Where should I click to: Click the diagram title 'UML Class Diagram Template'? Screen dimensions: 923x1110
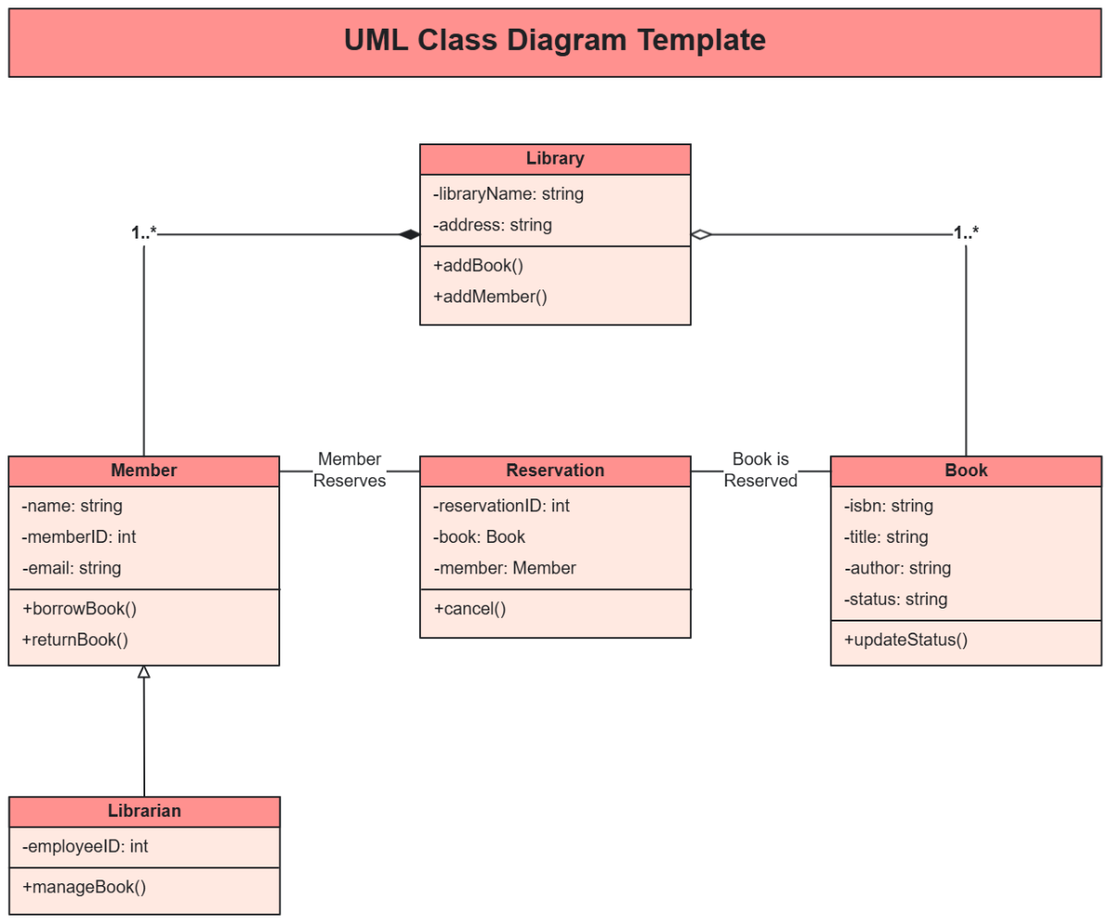click(x=554, y=41)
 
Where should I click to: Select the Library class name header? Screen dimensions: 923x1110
click(x=555, y=158)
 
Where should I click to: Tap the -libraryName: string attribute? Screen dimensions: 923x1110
click(x=509, y=194)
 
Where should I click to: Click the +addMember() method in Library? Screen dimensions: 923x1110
click(x=490, y=297)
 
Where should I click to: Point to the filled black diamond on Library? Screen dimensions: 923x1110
click(x=409, y=235)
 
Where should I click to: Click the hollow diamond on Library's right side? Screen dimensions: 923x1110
click(x=701, y=235)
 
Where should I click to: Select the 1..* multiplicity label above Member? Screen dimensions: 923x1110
click(x=144, y=233)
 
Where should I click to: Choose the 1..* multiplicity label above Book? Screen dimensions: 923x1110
click(x=966, y=233)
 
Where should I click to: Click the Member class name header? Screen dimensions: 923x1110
click(x=143, y=471)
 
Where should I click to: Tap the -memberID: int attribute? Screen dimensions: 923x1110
click(x=79, y=536)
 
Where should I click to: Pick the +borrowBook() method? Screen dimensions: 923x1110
click(x=79, y=609)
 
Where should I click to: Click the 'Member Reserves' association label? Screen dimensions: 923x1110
click(x=349, y=470)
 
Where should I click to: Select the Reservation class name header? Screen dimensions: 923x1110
click(x=555, y=471)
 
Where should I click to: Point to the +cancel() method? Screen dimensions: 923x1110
click(x=469, y=609)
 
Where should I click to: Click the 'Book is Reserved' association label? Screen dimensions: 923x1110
click(x=760, y=470)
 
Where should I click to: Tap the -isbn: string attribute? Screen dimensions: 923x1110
click(x=888, y=506)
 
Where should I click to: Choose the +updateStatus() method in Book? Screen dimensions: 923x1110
click(x=906, y=639)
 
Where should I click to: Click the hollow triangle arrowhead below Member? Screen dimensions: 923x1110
click(x=143, y=672)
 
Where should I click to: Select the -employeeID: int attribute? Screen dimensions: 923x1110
click(x=84, y=846)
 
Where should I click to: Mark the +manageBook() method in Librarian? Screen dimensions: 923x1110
click(x=83, y=887)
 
